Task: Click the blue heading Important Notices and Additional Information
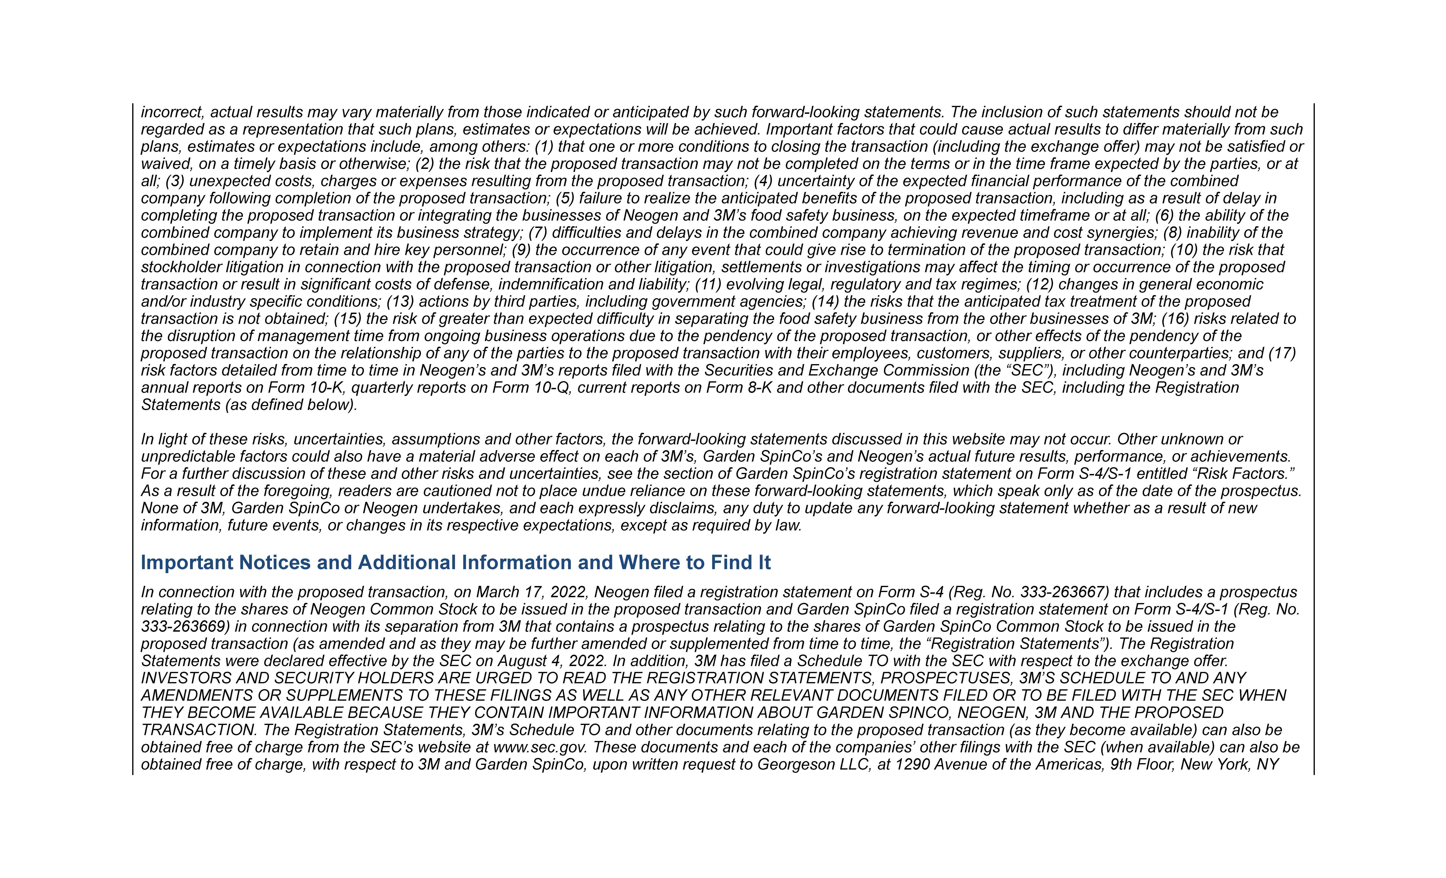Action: tap(455, 563)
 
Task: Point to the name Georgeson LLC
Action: tap(814, 765)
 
